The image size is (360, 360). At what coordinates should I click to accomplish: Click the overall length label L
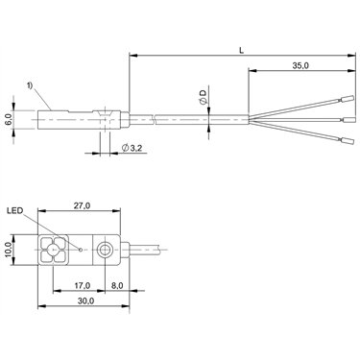242,50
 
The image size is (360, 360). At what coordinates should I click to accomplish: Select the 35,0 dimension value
300,65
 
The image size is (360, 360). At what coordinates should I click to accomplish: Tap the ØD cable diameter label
203,97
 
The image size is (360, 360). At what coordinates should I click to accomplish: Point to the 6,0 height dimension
9,120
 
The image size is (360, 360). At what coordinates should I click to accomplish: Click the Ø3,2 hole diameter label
132,148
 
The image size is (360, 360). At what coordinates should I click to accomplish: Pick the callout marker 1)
30,85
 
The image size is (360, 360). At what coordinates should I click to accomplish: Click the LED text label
16,210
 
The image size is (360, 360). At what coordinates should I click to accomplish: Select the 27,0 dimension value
82,205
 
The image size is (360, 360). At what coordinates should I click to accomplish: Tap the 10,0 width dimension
9,250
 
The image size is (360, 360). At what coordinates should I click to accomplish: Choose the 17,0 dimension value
83,286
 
